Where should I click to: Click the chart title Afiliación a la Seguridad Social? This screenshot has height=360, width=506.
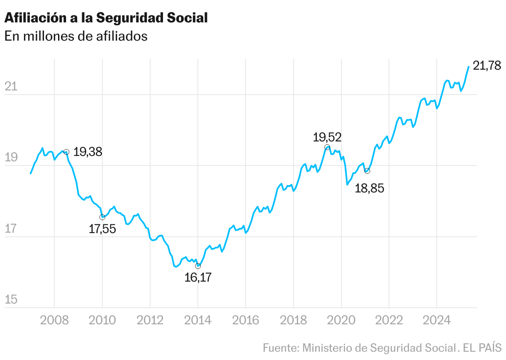tap(106, 17)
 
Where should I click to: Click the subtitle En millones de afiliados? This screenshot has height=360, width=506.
tap(76, 36)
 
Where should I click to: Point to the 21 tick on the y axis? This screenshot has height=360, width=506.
tap(11, 87)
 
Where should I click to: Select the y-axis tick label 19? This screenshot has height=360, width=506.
tap(11, 158)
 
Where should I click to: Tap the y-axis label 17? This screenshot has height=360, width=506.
tap(11, 229)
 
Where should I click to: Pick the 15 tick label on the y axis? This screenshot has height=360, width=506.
tap(11, 300)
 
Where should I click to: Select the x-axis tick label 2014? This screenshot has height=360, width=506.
tap(198, 321)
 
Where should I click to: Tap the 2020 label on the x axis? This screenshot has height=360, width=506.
tap(341, 321)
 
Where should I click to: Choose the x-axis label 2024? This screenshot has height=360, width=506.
tap(436, 321)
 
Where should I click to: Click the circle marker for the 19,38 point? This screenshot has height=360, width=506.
tap(66, 152)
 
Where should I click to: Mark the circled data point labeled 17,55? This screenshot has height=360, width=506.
tap(102, 217)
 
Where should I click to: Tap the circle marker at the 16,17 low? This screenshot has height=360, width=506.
tap(198, 266)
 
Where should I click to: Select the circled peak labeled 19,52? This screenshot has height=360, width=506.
tap(327, 147)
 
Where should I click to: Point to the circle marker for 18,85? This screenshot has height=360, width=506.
tap(367, 171)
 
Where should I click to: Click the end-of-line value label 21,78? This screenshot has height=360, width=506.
tap(487, 66)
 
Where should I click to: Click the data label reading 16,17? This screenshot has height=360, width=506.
tap(198, 277)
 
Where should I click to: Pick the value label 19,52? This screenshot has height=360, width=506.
tap(327, 137)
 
